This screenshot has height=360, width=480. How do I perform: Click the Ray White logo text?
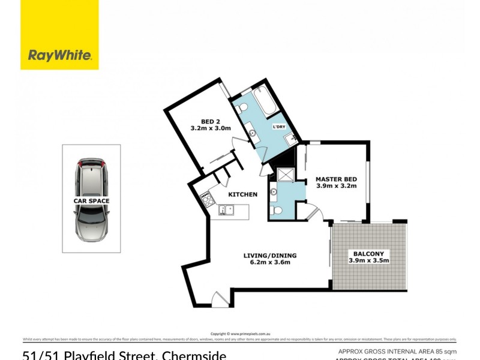[59, 56]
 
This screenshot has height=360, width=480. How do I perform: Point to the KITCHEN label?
[243, 194]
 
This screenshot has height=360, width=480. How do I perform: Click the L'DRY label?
[279, 127]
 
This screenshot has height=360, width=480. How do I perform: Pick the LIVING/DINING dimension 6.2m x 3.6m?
[270, 263]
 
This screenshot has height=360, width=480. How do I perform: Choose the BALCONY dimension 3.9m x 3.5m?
[369, 260]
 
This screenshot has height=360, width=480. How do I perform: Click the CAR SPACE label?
[91, 201]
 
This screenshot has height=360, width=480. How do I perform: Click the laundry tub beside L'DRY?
[291, 139]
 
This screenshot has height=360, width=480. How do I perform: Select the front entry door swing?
[220, 298]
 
